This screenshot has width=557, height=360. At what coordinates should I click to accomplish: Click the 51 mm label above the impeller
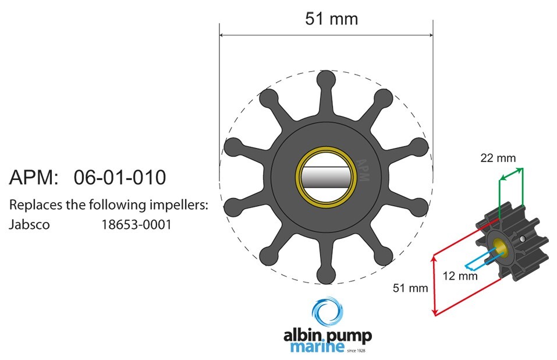331,19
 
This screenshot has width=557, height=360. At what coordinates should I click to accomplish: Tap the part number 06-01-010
120,177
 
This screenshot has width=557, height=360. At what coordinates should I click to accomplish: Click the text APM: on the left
33,177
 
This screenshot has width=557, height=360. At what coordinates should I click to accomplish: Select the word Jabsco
29,224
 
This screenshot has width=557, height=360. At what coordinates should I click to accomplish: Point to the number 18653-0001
136,224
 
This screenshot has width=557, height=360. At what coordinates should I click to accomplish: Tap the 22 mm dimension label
498,158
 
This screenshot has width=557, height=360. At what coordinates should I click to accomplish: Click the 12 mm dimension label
460,276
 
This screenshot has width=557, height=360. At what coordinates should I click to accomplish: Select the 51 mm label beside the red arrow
410,288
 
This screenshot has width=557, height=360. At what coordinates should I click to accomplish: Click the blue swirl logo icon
328,311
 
